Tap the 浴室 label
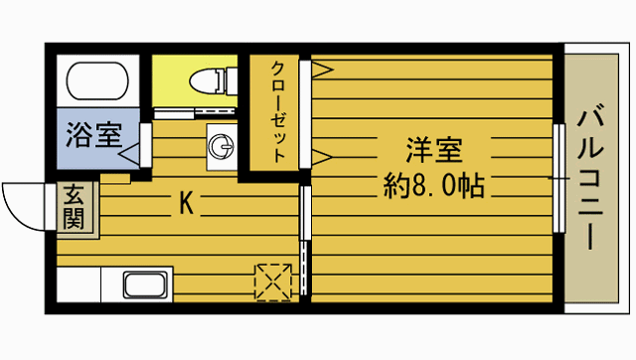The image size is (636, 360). coord(94,134)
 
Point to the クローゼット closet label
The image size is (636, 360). coord(279,110)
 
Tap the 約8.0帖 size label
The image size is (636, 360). coord(434,185)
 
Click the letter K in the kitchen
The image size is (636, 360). coord(185,205)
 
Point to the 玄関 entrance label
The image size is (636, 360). coord(76,208)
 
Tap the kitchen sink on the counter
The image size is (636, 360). coord(147,285)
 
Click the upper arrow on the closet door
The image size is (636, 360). coord(322,69)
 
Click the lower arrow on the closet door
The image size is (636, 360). coord(322,154)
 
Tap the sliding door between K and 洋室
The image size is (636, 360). coord(305,239)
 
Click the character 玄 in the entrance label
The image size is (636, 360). coord(76,196)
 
